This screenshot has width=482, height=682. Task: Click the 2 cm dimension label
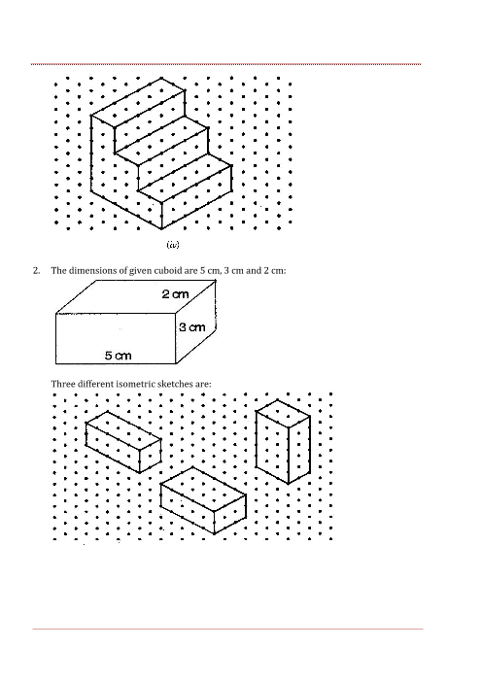pyautogui.click(x=175, y=294)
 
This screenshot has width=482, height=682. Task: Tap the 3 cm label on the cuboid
pyautogui.click(x=191, y=327)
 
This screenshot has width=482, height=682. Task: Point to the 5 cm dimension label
pyautogui.click(x=118, y=356)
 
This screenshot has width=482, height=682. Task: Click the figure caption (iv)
pyautogui.click(x=173, y=245)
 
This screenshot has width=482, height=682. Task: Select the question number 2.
pyautogui.click(x=37, y=270)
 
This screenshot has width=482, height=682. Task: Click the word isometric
pyautogui.click(x=136, y=384)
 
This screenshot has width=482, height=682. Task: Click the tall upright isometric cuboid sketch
pyautogui.click(x=283, y=441)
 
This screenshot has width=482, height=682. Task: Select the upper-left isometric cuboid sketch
pyautogui.click(x=123, y=441)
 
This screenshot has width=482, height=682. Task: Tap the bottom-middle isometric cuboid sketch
pyautogui.click(x=203, y=500)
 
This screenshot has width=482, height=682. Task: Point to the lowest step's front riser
pyautogui.click(x=197, y=209)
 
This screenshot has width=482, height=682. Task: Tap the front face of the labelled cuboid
pyautogui.click(x=116, y=338)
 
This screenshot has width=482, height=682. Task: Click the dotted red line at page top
pyautogui.click(x=226, y=64)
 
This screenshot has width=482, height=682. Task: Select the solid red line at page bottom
pyautogui.click(x=227, y=629)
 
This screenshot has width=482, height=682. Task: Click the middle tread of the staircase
pyautogui.click(x=162, y=140)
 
